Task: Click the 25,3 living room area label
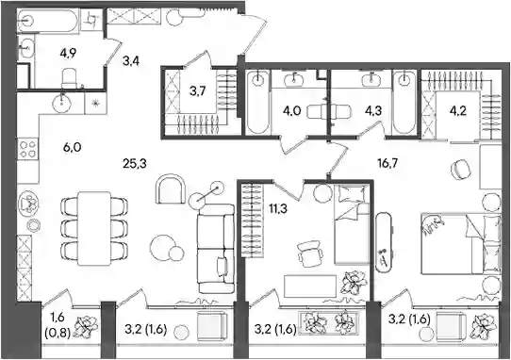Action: [x=135, y=164]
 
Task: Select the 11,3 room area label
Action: [x=278, y=208]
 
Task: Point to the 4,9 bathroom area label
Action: [x=68, y=53]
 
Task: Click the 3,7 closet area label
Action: [x=197, y=91]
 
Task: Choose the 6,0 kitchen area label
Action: [x=73, y=148]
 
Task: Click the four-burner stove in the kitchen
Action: [x=27, y=149]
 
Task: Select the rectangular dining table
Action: [x=94, y=228]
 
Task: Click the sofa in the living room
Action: [x=216, y=248]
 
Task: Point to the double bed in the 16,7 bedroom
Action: [x=460, y=243]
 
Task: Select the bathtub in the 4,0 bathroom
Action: [x=257, y=103]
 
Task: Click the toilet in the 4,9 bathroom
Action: [x=69, y=78]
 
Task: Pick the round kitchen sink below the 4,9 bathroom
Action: [x=62, y=103]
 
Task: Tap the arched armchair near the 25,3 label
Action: [x=171, y=189]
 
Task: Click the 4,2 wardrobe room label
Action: [x=458, y=111]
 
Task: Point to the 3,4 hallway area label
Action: [x=131, y=60]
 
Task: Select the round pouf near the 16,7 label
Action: [x=459, y=169]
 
